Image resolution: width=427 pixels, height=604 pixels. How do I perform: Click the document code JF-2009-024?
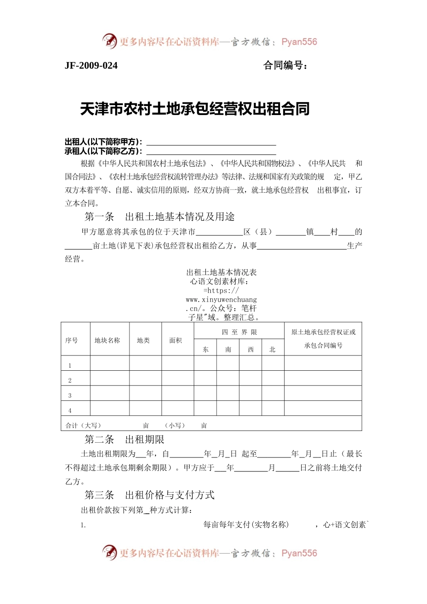click(91, 66)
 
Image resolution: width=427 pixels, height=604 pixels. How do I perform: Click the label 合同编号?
click(285, 66)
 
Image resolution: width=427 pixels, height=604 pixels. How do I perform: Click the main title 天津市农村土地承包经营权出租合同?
click(195, 109)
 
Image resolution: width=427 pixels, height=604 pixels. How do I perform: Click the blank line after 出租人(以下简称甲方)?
click(211, 142)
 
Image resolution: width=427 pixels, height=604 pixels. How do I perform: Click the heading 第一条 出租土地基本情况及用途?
click(160, 217)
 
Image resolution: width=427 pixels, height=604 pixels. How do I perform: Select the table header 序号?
click(71, 340)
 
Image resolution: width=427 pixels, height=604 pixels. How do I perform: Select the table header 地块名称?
click(107, 340)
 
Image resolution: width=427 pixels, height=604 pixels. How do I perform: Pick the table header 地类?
click(143, 340)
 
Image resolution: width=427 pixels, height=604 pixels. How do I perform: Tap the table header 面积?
click(176, 340)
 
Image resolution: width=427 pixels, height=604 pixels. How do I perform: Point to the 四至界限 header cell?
click(239, 332)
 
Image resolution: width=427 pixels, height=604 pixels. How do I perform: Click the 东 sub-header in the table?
click(205, 349)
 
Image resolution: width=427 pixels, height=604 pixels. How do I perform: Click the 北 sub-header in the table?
click(272, 349)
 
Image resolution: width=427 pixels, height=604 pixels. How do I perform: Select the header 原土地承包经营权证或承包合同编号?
click(323, 339)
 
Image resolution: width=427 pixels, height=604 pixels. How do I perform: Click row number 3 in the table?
click(70, 395)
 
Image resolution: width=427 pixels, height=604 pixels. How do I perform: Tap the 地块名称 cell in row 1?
click(110, 364)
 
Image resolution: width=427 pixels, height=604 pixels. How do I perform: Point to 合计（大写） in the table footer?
click(84, 425)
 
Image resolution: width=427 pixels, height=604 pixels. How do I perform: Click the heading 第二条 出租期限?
click(125, 440)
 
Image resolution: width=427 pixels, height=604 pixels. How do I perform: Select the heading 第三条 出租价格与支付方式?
click(150, 495)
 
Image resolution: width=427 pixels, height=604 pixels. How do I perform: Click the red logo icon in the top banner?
click(109, 41)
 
